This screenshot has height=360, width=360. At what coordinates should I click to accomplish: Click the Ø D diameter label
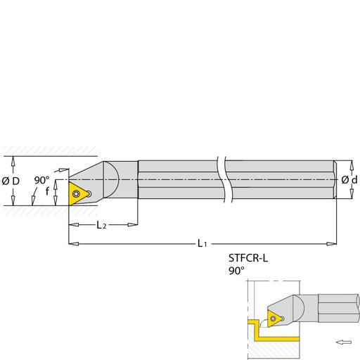click(11, 181)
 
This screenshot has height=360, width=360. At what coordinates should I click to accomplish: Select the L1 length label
click(202, 243)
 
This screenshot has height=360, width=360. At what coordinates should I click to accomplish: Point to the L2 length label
click(101, 225)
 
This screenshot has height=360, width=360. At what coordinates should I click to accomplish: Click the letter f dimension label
click(47, 191)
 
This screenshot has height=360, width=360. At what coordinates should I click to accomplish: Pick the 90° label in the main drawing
click(41, 180)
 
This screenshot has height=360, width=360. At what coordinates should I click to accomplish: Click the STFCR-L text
click(248, 258)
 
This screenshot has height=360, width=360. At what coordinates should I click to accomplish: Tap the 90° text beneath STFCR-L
click(236, 271)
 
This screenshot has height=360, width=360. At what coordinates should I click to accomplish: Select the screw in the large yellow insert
click(76, 193)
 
